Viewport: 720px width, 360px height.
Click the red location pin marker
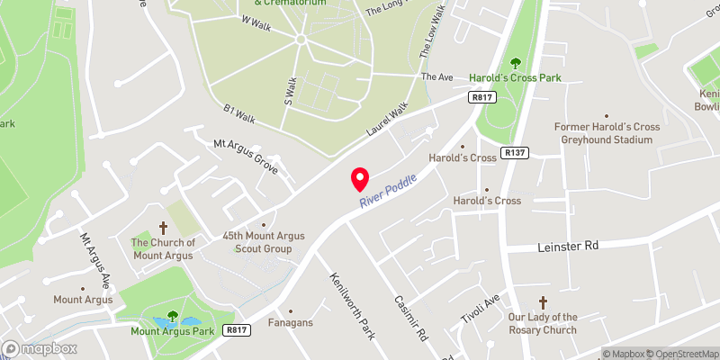tap(360, 179)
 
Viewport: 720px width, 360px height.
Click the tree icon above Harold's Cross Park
tap(516, 63)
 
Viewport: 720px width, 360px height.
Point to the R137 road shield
tap(515, 154)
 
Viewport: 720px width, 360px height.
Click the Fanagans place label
tap(291, 321)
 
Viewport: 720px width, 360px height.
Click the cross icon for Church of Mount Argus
tap(164, 229)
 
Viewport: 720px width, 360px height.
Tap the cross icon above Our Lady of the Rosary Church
tap(543, 303)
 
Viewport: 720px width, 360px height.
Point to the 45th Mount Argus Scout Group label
tap(263, 241)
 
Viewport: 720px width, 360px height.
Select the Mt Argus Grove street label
tap(245, 156)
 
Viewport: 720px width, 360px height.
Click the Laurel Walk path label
tap(387, 119)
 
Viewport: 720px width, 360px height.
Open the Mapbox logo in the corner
tap(40, 348)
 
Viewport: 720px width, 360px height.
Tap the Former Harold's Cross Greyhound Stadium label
tap(607, 133)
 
